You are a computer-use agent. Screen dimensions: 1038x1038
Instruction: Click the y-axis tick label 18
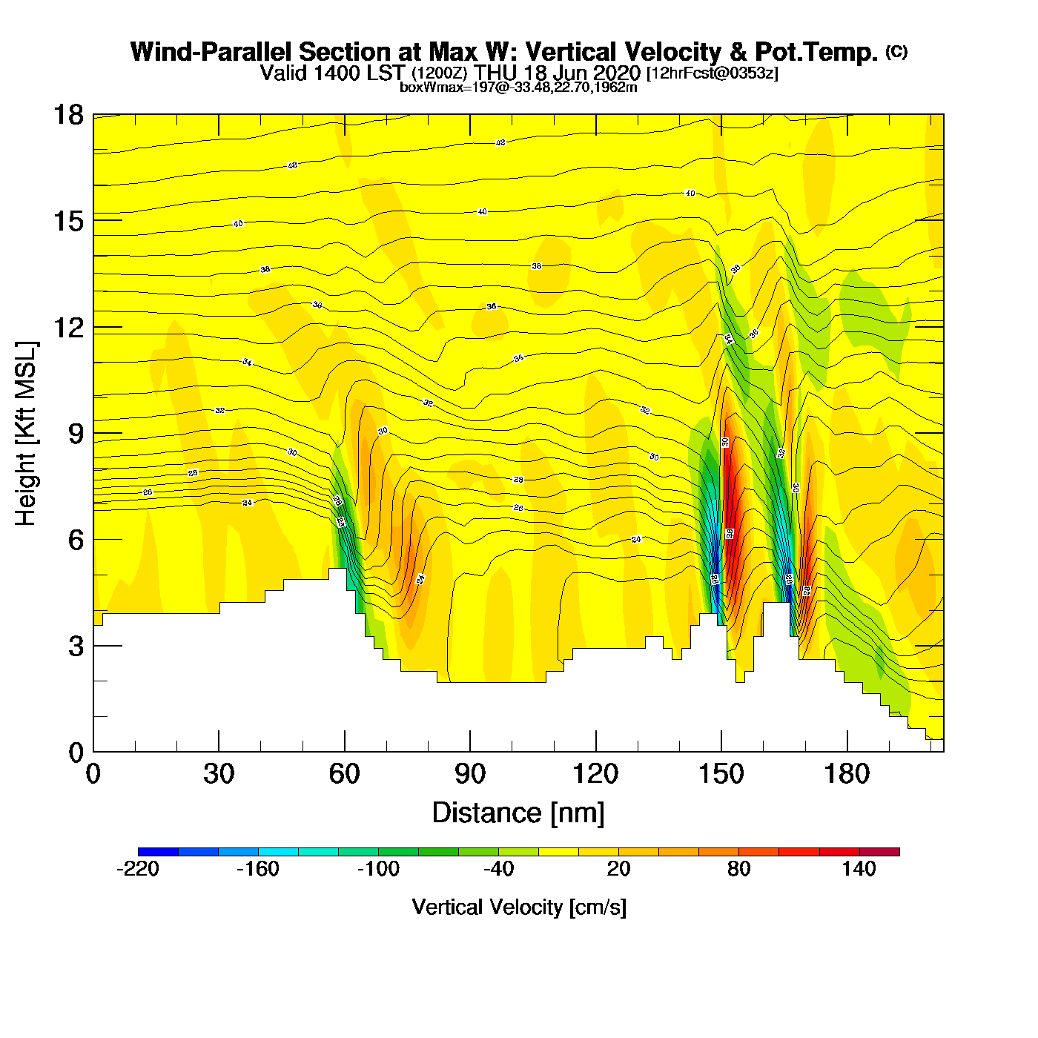tap(67, 115)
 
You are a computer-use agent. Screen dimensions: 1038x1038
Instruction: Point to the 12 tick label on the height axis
tap(67, 327)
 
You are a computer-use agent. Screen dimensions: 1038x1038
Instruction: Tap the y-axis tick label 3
tap(76, 647)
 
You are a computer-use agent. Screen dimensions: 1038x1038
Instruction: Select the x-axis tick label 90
tap(470, 775)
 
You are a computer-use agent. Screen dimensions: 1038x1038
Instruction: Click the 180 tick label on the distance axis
tap(847, 775)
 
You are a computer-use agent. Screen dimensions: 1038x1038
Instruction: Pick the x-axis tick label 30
tap(219, 775)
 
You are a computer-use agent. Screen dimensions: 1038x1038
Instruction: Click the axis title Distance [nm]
tap(518, 813)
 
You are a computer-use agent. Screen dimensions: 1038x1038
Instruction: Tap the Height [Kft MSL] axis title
tap(27, 434)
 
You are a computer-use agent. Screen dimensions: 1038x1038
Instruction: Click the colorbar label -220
tap(138, 869)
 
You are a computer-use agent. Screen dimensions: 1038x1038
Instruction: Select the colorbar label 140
tap(859, 869)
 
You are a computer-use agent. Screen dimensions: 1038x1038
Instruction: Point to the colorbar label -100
tap(378, 869)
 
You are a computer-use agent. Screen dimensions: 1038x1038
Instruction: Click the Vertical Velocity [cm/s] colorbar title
tap(519, 908)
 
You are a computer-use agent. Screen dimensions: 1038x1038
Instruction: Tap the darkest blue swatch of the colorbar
tap(158, 852)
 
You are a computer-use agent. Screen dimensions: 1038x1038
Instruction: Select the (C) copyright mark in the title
tap(896, 51)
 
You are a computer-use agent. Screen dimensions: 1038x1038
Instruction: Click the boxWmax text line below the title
tap(518, 87)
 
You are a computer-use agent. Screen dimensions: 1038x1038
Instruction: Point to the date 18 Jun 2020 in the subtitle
tap(581, 73)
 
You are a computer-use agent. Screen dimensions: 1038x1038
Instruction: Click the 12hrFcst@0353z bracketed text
tap(713, 73)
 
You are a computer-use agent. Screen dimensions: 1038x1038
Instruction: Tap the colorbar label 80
tap(739, 869)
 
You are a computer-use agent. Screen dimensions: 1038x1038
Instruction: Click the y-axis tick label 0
tap(76, 753)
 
